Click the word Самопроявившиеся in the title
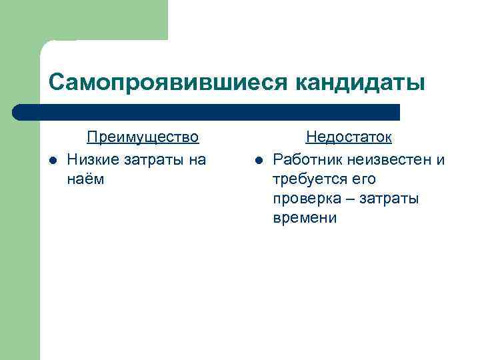pos(165,82)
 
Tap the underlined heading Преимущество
pos(143,137)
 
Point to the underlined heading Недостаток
pos(349,137)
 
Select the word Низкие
pos(90,159)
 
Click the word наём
pos(86,179)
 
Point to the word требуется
pos(307,179)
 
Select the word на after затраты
pos(198,159)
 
